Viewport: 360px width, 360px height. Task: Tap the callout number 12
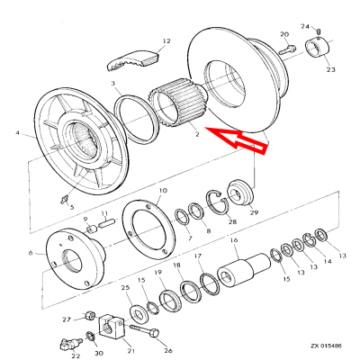(x=166, y=40)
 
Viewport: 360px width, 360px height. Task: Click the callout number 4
(x=17, y=136)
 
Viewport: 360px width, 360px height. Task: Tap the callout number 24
(x=305, y=26)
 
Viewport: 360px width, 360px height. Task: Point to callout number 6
(x=32, y=255)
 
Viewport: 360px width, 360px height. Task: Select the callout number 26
(x=167, y=350)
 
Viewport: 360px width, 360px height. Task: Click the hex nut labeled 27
(x=89, y=317)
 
